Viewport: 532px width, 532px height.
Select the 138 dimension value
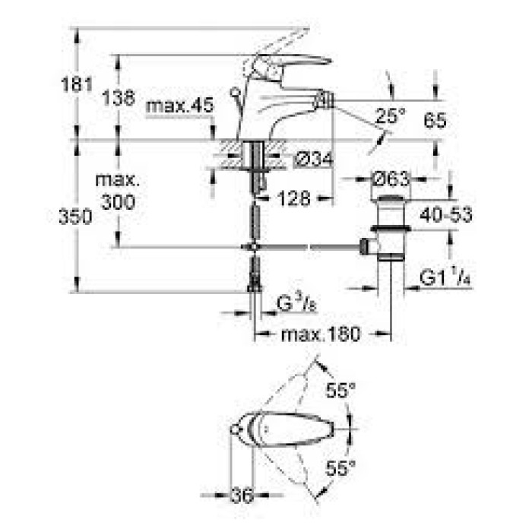[119, 98]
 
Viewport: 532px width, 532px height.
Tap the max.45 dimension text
[180, 105]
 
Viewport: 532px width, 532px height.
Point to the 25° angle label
[391, 116]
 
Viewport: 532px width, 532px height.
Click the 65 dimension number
[435, 120]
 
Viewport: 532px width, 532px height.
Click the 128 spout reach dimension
[294, 198]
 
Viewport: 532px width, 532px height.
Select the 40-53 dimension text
[446, 214]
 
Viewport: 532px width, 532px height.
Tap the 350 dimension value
[75, 217]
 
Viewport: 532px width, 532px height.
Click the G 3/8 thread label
[296, 303]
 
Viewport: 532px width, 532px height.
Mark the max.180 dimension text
[321, 334]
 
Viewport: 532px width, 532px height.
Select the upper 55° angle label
[340, 390]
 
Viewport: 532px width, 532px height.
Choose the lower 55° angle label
[340, 468]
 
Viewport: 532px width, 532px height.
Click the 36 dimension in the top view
[242, 496]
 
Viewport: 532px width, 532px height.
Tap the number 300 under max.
[118, 203]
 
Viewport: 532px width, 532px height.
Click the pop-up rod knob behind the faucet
[234, 91]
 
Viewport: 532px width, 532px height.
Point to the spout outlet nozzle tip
[325, 101]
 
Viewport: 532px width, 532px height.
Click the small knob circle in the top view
[234, 429]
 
